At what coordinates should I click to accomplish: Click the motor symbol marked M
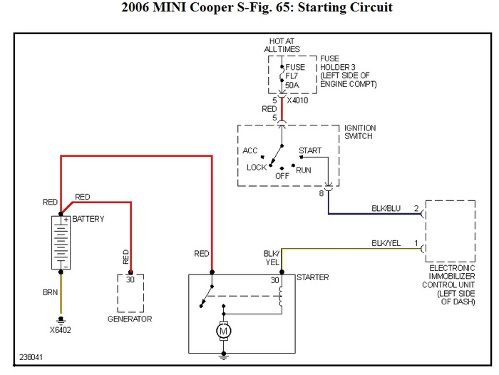click(x=224, y=331)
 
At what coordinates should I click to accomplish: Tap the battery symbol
click(x=61, y=243)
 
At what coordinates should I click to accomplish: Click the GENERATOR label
click(x=130, y=319)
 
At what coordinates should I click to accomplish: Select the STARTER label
click(x=312, y=277)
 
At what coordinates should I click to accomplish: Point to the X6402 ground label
click(x=62, y=331)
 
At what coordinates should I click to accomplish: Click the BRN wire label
click(x=51, y=292)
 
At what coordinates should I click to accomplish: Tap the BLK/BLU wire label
click(x=386, y=209)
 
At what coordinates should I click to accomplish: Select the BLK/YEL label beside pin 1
click(x=386, y=243)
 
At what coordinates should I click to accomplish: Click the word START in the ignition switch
click(x=310, y=151)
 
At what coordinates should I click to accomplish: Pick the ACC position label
click(x=249, y=150)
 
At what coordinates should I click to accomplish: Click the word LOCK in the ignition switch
click(x=257, y=168)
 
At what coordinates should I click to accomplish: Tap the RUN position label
click(x=304, y=170)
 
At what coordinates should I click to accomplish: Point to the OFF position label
click(x=282, y=175)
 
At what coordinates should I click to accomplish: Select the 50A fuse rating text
click(x=292, y=86)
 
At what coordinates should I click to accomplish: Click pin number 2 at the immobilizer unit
click(x=417, y=208)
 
